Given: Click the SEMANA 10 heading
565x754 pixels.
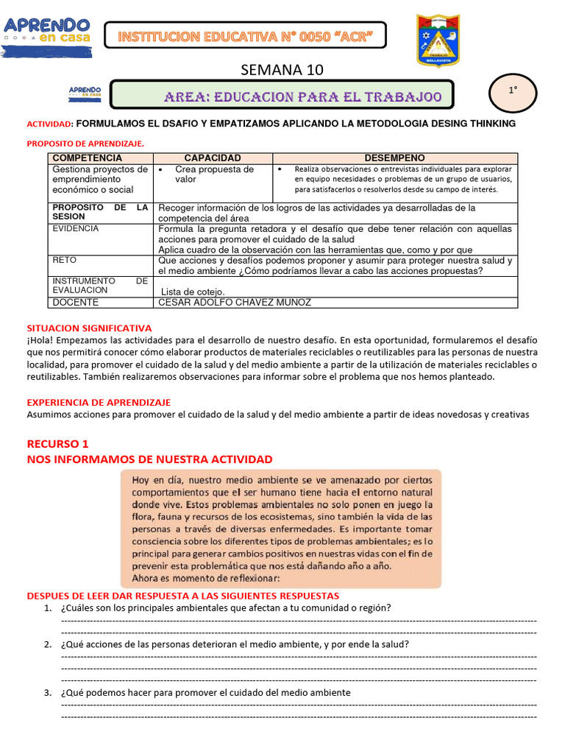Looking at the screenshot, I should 282,70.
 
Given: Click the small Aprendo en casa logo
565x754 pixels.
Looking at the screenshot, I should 85,93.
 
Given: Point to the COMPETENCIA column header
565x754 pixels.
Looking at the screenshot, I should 88,158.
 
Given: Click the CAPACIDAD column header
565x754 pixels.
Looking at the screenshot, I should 212,158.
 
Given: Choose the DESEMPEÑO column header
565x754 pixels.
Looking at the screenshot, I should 394,158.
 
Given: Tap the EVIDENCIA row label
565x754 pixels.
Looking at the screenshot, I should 76,229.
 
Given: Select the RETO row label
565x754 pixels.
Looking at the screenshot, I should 65,261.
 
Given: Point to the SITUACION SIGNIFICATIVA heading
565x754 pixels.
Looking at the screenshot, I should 89,328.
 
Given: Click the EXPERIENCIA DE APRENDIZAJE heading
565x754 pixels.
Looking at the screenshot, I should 99,403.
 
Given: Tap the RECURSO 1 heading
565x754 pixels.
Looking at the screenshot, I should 57,444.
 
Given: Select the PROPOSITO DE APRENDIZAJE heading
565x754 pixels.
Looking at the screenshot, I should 85,143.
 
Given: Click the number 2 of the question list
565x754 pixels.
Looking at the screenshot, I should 47,644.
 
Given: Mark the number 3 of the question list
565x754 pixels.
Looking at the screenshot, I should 47,693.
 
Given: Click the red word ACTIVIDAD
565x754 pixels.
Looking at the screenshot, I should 50,124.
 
